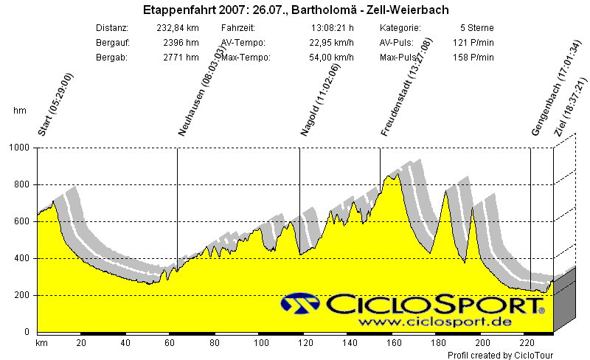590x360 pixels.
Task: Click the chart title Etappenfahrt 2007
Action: (295, 10)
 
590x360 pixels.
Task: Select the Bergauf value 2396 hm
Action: (183, 43)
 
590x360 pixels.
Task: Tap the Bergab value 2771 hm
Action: (183, 58)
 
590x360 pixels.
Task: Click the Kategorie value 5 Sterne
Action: (468, 28)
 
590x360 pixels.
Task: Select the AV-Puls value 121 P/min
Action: (468, 43)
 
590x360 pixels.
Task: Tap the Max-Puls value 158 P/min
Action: (468, 58)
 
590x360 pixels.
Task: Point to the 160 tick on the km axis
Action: (393, 342)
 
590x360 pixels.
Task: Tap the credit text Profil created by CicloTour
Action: (501, 355)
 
